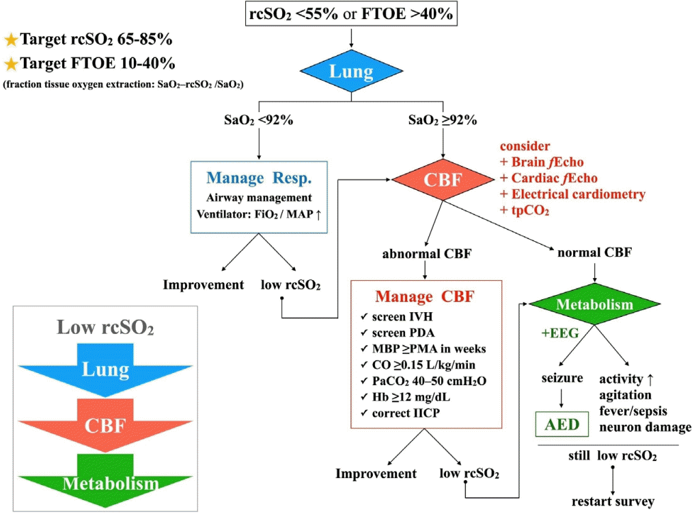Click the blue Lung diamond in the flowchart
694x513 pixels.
click(351, 72)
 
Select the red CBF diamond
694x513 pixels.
click(443, 180)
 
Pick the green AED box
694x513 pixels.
click(561, 425)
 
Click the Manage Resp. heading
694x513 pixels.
click(259, 180)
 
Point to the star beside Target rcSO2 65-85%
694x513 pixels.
click(11, 39)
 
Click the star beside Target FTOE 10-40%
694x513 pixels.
click(11, 64)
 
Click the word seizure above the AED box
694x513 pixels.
click(561, 378)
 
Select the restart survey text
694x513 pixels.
click(613, 501)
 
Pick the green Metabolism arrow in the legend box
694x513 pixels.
click(106, 482)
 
